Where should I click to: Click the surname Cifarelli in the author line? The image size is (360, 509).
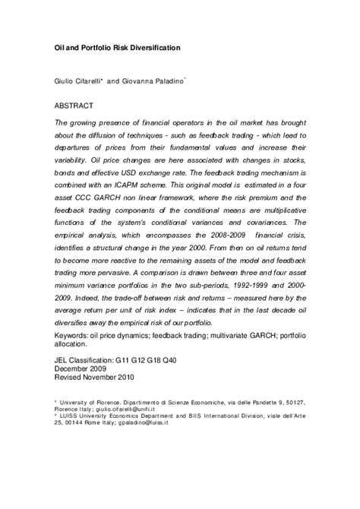[92, 81]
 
